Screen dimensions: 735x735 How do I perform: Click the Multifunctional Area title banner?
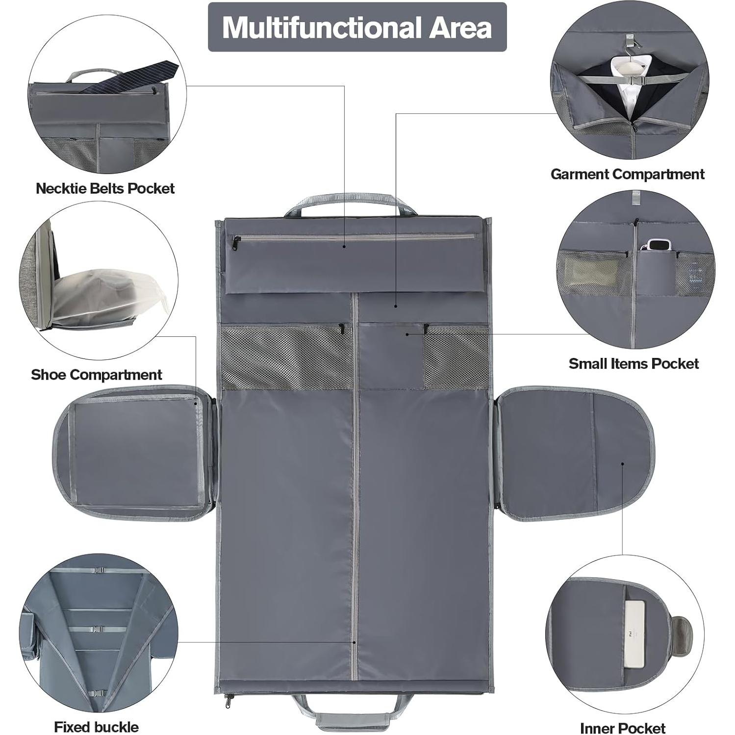click(357, 27)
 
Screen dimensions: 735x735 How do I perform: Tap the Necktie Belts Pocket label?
click(105, 188)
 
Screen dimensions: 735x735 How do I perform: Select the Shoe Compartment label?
click(96, 375)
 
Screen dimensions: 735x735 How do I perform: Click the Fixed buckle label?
click(96, 727)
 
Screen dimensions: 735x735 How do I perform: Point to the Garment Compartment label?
click(627, 174)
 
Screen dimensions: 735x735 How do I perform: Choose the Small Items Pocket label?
click(634, 363)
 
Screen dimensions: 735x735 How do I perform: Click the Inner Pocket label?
click(622, 728)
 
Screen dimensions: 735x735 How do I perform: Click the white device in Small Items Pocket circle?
click(655, 245)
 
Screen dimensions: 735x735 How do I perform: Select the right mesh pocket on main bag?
click(456, 357)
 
